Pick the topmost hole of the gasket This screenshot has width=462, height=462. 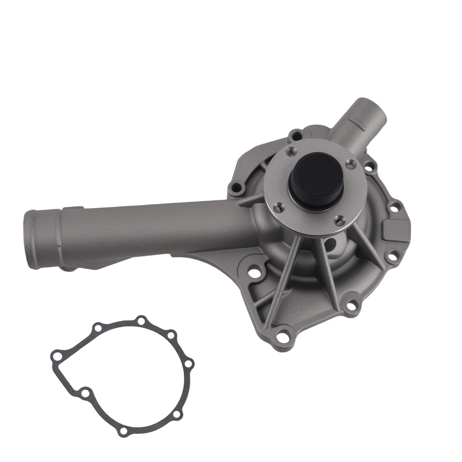click(x=141, y=320)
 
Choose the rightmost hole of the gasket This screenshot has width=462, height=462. click(x=188, y=364)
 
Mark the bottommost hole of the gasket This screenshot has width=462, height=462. click(x=122, y=431)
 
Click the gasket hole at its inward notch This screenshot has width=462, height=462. click(x=85, y=393)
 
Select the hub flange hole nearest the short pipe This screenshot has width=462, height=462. click(x=351, y=164)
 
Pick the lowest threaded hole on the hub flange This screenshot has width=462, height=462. click(x=340, y=220)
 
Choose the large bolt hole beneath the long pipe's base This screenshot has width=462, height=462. click(x=254, y=273)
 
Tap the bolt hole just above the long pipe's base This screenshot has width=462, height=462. click(x=237, y=188)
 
